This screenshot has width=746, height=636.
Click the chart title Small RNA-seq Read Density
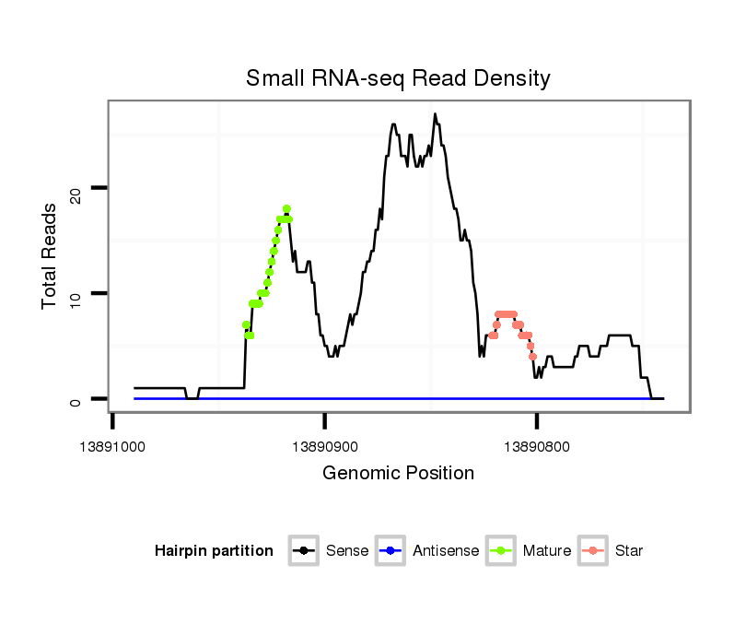pyautogui.click(x=398, y=78)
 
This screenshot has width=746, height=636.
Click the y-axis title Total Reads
pyautogui.click(x=52, y=255)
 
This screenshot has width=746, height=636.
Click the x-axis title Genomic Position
pyautogui.click(x=398, y=474)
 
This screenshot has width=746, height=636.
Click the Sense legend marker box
pyautogui.click(x=303, y=551)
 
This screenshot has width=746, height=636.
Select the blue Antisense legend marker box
pyautogui.click(x=390, y=551)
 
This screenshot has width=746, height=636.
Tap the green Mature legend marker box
pyautogui.click(x=500, y=551)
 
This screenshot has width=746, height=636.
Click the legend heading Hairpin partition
pyautogui.click(x=215, y=551)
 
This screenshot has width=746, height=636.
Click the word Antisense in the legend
pyautogui.click(x=446, y=551)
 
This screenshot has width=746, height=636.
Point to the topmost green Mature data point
pyautogui.click(x=286, y=208)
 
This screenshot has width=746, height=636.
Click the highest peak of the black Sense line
pyautogui.click(x=435, y=114)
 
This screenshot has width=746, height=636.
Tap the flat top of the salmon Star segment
pyautogui.click(x=506, y=314)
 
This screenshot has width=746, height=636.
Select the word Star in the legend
pyautogui.click(x=629, y=551)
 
